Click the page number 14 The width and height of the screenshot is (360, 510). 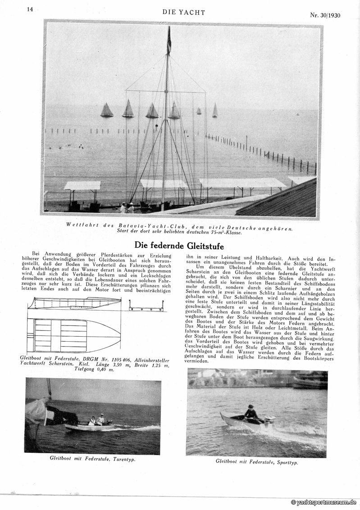click(x=30, y=9)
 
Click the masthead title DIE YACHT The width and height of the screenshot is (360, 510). click(x=183, y=13)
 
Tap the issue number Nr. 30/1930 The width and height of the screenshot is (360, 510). click(x=325, y=15)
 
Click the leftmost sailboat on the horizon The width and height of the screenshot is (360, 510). click(x=107, y=110)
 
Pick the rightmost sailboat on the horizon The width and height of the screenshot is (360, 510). click(x=215, y=110)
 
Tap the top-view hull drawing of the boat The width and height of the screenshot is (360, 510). click(x=74, y=335)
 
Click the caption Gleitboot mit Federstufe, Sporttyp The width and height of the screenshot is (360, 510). click(x=256, y=461)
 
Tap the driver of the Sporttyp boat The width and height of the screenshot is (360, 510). click(x=251, y=412)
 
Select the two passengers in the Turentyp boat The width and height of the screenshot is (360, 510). click(x=96, y=420)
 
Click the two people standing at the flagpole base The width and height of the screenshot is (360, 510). click(x=126, y=208)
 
